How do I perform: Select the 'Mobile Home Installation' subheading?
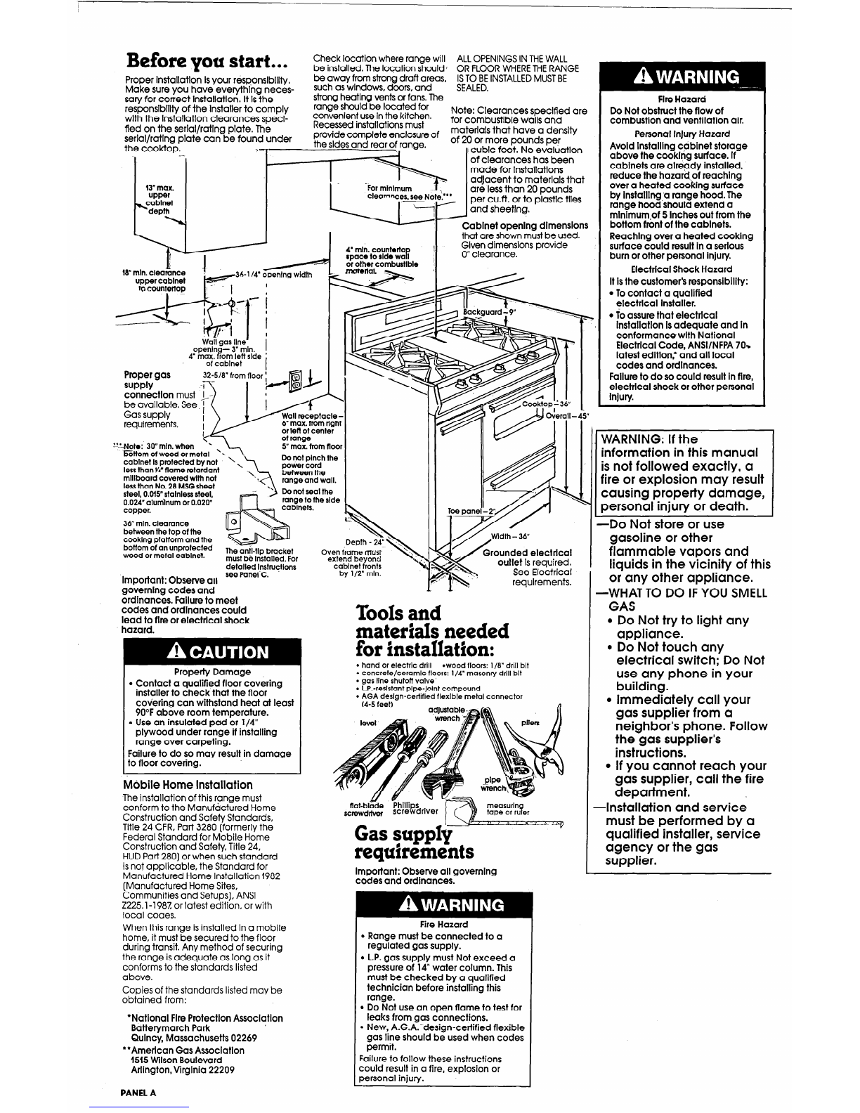pyautogui.click(x=188, y=784)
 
